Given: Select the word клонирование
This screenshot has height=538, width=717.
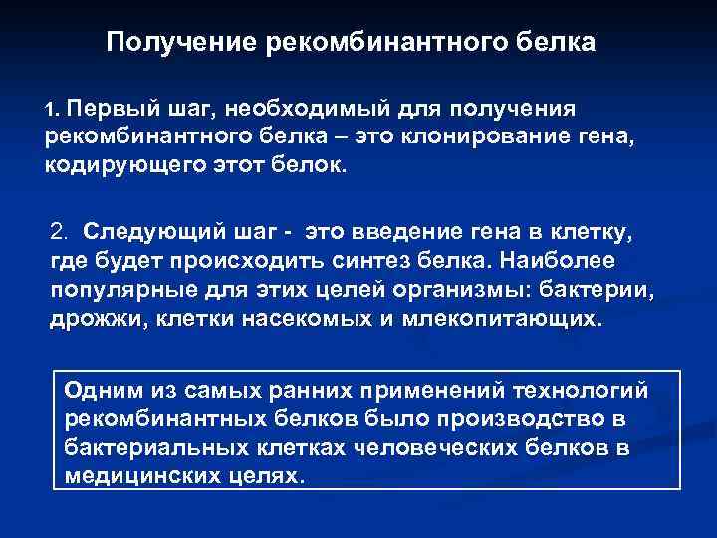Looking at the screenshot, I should coord(475,134).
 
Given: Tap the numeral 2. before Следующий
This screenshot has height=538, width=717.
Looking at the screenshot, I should coord(61,232).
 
